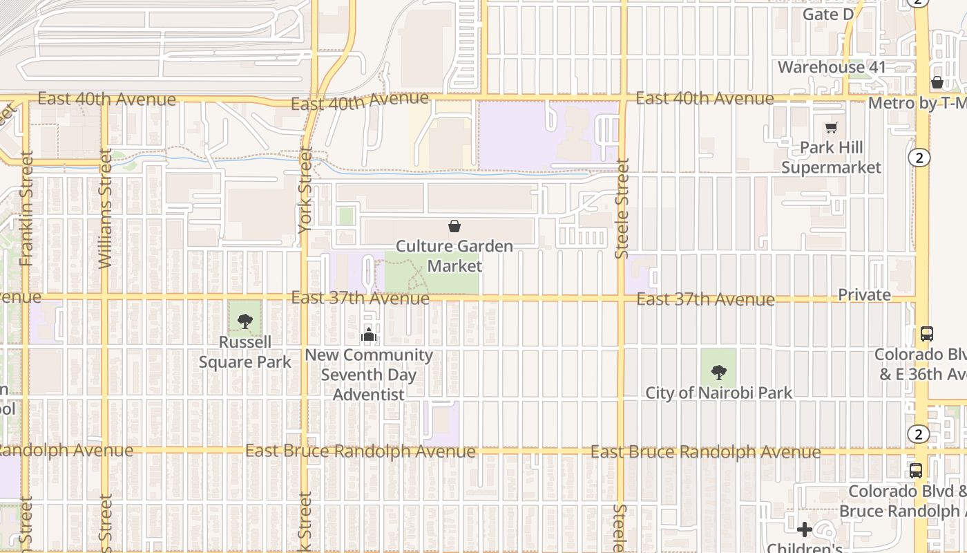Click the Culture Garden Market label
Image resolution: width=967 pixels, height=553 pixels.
454,256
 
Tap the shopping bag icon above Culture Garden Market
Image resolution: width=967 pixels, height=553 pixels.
454,226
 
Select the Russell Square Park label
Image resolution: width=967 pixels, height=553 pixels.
245,352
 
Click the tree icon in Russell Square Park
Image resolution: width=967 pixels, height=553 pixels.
245,321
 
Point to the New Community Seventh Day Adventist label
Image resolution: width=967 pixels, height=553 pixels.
369,375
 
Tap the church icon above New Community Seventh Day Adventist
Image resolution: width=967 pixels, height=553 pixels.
369,335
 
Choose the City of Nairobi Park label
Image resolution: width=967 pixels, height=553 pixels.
718,393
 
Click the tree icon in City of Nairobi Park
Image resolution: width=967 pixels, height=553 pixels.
719,373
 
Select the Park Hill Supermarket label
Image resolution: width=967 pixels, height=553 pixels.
832,158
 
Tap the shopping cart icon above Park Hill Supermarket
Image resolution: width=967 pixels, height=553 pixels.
832,127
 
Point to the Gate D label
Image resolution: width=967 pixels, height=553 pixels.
828,15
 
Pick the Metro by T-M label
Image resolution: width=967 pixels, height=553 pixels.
917,103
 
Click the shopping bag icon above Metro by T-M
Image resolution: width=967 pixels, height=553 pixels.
937,82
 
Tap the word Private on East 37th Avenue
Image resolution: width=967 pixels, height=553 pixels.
864,294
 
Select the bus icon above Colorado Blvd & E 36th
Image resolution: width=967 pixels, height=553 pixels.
927,334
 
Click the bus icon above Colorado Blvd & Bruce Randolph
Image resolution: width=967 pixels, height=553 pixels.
916,471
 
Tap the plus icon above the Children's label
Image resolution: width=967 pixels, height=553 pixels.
805,530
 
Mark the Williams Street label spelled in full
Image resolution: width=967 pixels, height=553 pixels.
105,208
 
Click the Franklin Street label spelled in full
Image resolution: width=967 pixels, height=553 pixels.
27,208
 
